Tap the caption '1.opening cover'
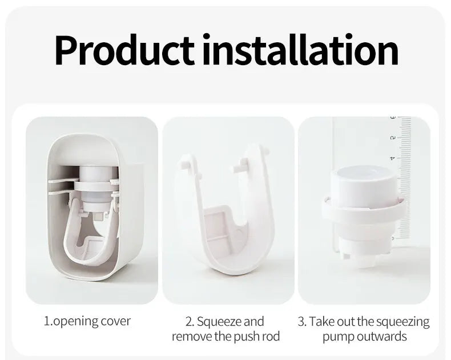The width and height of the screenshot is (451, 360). (x=87, y=321)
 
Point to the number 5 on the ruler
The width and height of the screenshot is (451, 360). (x=392, y=138)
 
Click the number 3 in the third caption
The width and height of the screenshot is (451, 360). (x=301, y=322)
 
